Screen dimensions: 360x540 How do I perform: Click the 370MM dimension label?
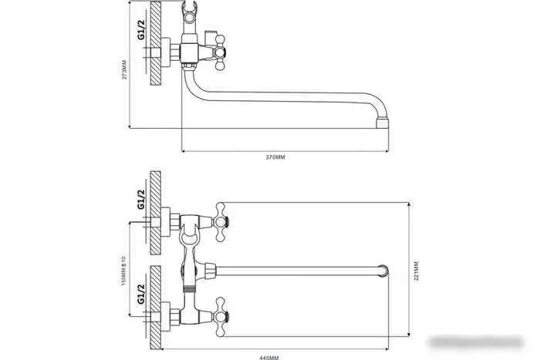click(x=275, y=156)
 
